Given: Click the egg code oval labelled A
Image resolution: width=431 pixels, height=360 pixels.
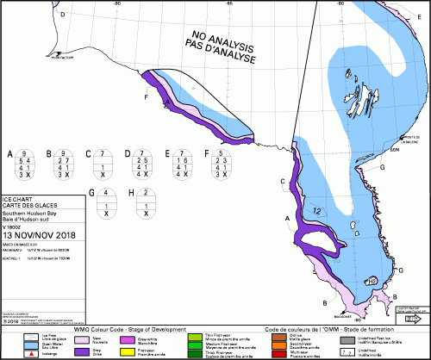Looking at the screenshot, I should click(x=26, y=164).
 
